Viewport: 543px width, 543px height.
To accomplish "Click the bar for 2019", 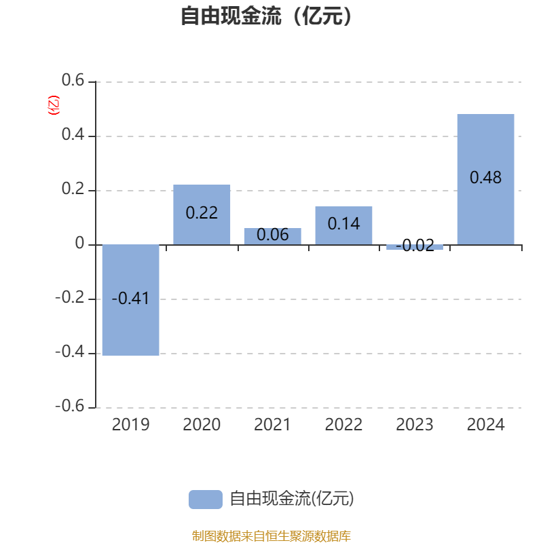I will click(130, 326).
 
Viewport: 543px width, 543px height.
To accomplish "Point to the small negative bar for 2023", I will click(415, 247).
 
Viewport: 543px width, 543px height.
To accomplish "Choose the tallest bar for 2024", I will click(485, 143).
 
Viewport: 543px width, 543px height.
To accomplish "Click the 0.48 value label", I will click(485, 178).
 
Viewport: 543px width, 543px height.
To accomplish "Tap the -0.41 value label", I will click(130, 299).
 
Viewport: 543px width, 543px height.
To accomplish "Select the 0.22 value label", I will click(202, 213).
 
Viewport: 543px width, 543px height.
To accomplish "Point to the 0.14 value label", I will click(343, 223).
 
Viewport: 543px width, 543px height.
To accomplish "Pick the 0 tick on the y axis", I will click(79, 244).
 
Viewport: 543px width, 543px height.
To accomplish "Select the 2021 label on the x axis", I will click(272, 425).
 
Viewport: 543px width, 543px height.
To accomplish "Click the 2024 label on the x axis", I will click(485, 425).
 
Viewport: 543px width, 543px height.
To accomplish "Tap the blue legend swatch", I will click(205, 499).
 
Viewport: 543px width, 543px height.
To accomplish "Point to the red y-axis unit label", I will click(53, 105).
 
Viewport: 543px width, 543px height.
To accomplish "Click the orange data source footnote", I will click(271, 536).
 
